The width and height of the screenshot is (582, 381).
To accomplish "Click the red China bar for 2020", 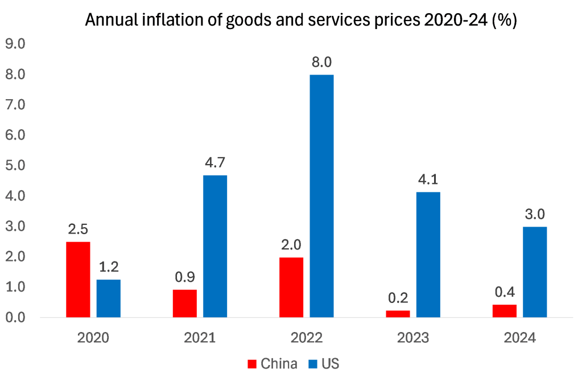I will [x=78, y=279].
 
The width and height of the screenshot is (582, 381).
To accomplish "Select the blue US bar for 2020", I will [x=109, y=298].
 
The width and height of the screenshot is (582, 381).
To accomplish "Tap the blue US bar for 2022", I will [x=321, y=195].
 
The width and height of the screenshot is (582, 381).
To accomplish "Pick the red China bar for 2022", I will [x=291, y=287].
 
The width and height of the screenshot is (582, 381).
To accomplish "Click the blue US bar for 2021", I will [x=215, y=245].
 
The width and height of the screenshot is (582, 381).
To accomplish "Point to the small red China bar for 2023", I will [x=398, y=314].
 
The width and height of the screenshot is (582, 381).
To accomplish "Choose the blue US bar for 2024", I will [x=535, y=272].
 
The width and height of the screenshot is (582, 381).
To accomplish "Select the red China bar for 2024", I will [x=505, y=311].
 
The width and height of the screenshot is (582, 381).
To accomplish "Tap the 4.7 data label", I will [x=215, y=162].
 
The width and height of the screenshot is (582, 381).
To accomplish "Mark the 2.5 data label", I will [x=78, y=230].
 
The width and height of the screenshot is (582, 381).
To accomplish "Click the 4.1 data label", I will [x=428, y=180].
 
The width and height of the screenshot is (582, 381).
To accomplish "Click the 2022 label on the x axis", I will [x=306, y=338].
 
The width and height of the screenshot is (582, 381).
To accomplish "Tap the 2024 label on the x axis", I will [x=519, y=338].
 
